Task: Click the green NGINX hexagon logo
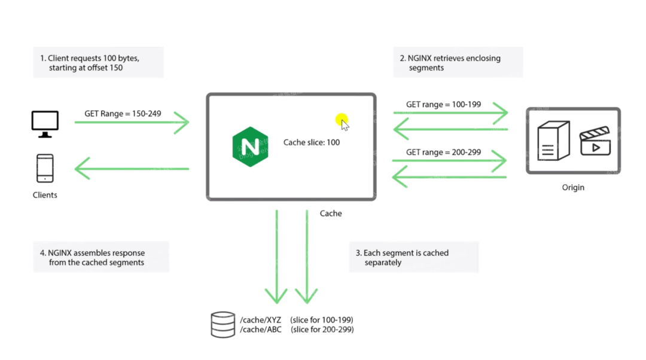tap(250, 146)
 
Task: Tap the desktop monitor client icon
tap(45, 124)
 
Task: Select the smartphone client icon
tap(45, 168)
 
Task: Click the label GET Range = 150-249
tap(123, 113)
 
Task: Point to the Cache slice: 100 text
tap(312, 142)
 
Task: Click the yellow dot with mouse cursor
tap(342, 120)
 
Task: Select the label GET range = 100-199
tap(443, 105)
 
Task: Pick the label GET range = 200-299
tap(443, 152)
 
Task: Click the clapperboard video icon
tap(595, 141)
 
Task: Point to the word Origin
tap(573, 187)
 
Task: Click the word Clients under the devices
tap(45, 195)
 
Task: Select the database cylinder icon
tap(223, 324)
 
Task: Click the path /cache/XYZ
tap(260, 320)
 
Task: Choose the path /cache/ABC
tap(260, 330)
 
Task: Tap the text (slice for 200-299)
tap(322, 330)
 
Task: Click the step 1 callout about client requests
tap(98, 63)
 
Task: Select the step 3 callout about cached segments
tap(413, 258)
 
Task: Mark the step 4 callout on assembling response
tap(100, 257)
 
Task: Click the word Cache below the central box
tap(331, 213)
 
